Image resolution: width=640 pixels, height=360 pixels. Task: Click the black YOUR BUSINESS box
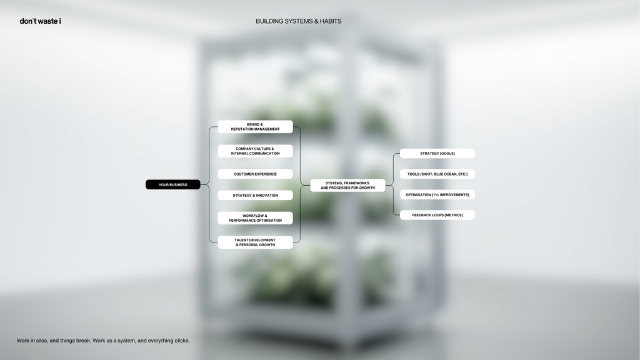(173, 184)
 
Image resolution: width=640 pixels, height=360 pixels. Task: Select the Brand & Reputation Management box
(255, 126)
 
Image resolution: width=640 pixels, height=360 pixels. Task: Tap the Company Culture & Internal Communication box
(255, 151)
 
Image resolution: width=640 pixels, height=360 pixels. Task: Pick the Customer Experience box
(255, 174)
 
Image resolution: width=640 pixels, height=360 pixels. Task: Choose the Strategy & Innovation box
(255, 195)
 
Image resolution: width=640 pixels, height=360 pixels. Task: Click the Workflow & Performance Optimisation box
(255, 218)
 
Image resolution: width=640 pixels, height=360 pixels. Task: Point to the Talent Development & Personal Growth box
(255, 242)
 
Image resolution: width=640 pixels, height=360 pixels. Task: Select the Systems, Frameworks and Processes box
(347, 185)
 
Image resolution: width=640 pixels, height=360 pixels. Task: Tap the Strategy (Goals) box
(437, 154)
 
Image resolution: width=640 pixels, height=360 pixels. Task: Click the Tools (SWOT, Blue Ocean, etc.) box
(437, 174)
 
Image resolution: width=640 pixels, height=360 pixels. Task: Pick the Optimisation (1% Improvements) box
(437, 195)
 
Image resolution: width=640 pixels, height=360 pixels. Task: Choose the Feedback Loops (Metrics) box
(437, 215)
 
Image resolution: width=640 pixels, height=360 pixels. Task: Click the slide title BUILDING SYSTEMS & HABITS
(298, 21)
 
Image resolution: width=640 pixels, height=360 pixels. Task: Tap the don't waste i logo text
(40, 21)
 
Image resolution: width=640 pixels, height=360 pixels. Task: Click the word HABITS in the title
(331, 21)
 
